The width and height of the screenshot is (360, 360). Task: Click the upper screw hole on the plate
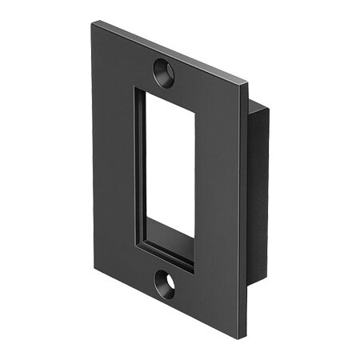pyautogui.click(x=163, y=73)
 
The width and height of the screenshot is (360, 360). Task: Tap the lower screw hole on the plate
pyautogui.click(x=166, y=285)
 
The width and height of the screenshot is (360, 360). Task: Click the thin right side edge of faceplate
pyautogui.click(x=242, y=208)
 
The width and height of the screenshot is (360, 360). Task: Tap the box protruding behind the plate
pyautogui.click(x=260, y=192)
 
